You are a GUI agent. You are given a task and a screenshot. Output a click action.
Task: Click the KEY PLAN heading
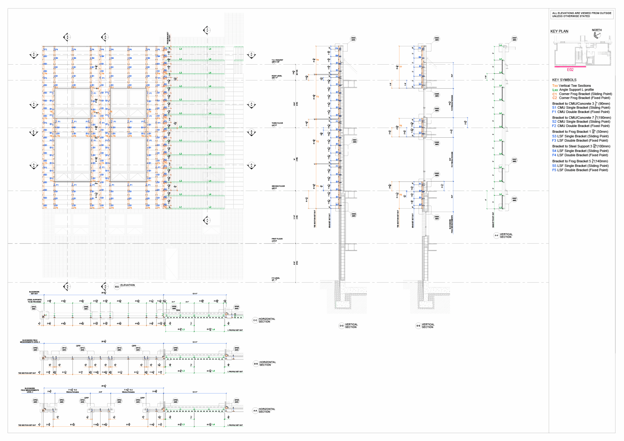click(x=559, y=31)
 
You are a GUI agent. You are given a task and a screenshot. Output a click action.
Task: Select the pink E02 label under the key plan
click(x=570, y=70)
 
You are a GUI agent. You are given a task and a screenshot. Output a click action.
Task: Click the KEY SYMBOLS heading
click(x=564, y=80)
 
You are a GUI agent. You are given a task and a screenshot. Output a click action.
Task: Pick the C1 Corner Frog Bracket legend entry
click(x=582, y=94)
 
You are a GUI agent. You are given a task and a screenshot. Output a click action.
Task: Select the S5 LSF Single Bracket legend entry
click(x=580, y=166)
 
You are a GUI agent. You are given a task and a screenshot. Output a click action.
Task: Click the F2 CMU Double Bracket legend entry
click(x=580, y=126)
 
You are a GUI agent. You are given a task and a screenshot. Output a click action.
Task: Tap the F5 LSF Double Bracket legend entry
click(x=580, y=170)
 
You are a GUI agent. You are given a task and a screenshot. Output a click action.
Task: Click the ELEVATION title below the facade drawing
click(x=127, y=285)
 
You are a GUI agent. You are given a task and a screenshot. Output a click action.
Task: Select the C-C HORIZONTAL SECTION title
click(x=266, y=320)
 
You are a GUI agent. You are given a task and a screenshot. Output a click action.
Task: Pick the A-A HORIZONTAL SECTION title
click(x=266, y=410)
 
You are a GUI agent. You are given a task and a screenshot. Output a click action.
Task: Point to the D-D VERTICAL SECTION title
click(x=351, y=326)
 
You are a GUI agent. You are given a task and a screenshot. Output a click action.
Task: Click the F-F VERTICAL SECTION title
click(x=506, y=235)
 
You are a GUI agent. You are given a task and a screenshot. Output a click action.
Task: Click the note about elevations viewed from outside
click(x=581, y=15)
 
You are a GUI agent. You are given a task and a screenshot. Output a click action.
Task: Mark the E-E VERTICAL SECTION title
click(x=428, y=326)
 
